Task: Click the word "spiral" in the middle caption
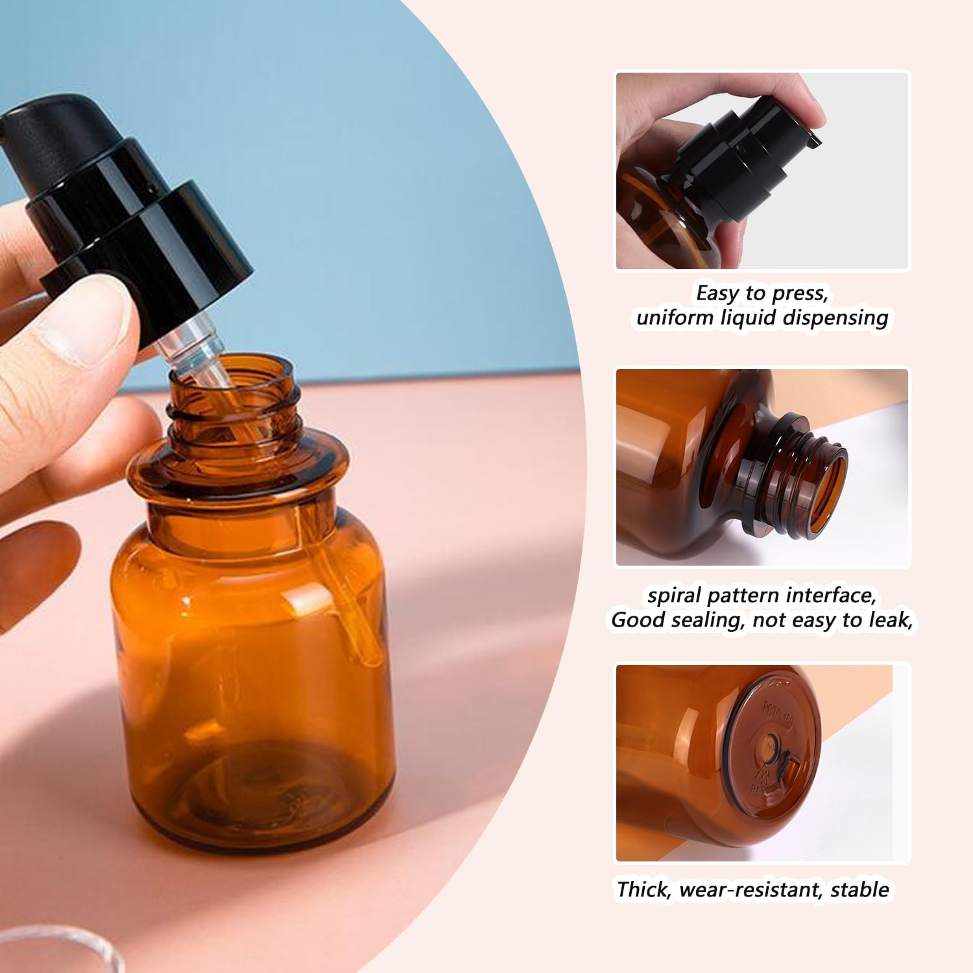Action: pos(675,595)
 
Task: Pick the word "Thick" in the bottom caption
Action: pos(643,889)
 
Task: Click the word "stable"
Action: pos(860,889)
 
